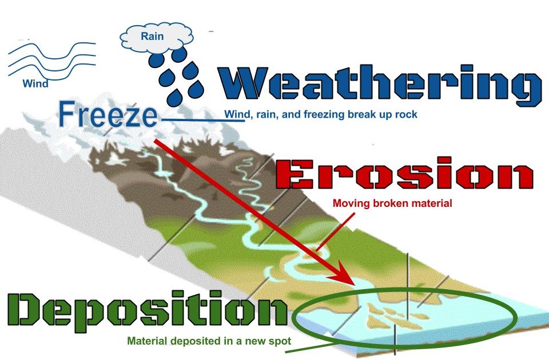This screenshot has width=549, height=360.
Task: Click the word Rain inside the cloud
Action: (x=153, y=37)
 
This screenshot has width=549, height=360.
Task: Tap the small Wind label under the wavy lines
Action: (x=35, y=83)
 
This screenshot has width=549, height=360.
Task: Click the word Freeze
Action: (x=108, y=114)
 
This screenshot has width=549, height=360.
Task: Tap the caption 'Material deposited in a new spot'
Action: (x=209, y=341)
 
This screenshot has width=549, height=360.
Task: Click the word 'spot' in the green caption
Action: (x=281, y=341)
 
